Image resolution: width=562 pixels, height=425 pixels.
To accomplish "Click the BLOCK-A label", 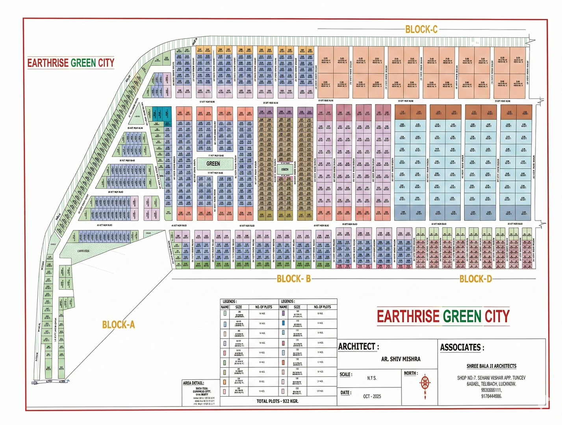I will [118, 324].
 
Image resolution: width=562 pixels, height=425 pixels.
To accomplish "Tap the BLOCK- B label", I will [294, 279].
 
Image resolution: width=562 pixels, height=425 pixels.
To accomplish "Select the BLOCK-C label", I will [421, 29].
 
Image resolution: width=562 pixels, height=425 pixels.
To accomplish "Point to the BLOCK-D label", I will [475, 279].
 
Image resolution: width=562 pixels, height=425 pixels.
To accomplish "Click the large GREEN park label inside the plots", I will [213, 163].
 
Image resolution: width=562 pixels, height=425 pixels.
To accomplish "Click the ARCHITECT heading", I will [358, 347].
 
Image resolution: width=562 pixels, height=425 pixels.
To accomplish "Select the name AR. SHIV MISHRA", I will [401, 359].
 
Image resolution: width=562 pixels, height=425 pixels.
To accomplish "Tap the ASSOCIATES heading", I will [462, 347].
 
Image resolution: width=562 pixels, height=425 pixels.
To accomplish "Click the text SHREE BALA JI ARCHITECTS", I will [491, 366].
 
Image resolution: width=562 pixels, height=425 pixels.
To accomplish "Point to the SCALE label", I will [346, 374].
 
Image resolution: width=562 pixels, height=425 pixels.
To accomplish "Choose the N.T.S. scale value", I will [372, 378].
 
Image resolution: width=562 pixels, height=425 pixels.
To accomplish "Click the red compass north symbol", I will [425, 383].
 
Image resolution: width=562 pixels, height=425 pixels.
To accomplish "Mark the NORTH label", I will [411, 373].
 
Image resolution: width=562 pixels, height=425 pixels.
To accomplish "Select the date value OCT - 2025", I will [372, 396].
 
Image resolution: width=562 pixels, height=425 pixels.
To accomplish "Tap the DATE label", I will [346, 393].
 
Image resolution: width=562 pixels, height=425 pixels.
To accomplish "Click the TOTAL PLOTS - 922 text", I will [277, 401].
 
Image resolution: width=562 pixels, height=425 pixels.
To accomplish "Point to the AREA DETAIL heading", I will [199, 383].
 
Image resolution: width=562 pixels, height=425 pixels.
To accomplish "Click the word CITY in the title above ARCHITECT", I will [497, 316].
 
